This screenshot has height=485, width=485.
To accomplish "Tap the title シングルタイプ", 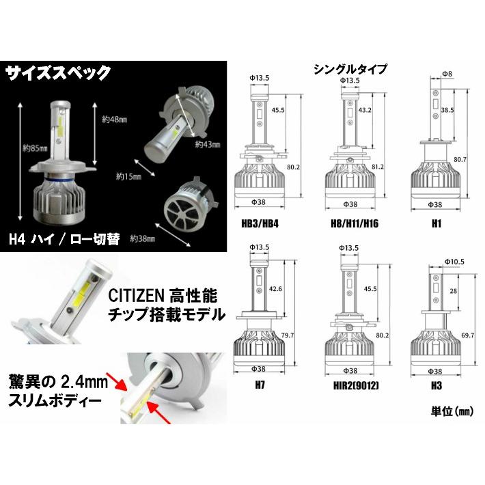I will click(350, 69).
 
